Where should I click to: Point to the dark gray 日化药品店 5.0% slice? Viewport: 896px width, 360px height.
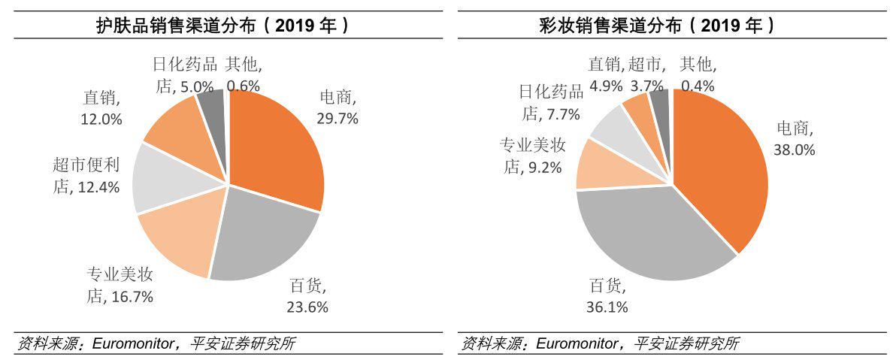tap(213, 105)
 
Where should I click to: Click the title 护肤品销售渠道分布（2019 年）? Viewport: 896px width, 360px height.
tap(222, 26)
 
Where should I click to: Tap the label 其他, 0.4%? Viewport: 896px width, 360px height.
tap(698, 75)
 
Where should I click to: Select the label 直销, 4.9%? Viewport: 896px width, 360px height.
tap(604, 75)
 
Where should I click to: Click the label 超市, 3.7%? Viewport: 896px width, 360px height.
tap(647, 75)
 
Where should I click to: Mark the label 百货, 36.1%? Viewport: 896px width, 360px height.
tap(607, 296)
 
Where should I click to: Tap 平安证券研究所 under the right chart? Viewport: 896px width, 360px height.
tap(687, 344)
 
